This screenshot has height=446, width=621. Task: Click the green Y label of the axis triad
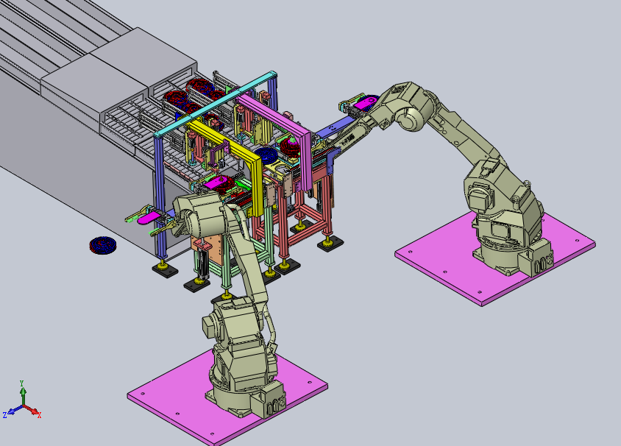click(x=22, y=383)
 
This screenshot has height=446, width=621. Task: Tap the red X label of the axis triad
click(x=39, y=415)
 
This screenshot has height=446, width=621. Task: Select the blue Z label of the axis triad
click(x=4, y=415)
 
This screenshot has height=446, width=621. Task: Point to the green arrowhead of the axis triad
click(x=24, y=391)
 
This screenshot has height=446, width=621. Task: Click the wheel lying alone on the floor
click(x=102, y=245)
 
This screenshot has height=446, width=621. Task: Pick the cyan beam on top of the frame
click(x=215, y=104)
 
